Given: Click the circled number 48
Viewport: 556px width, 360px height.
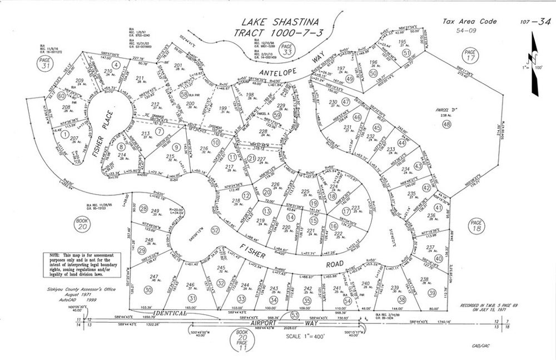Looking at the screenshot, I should [x=446, y=125].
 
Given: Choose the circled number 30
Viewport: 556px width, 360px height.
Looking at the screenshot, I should [x=148, y=289].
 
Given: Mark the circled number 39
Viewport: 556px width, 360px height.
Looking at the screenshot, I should [x=432, y=293].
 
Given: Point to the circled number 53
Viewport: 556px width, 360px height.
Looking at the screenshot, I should [x=295, y=315].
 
